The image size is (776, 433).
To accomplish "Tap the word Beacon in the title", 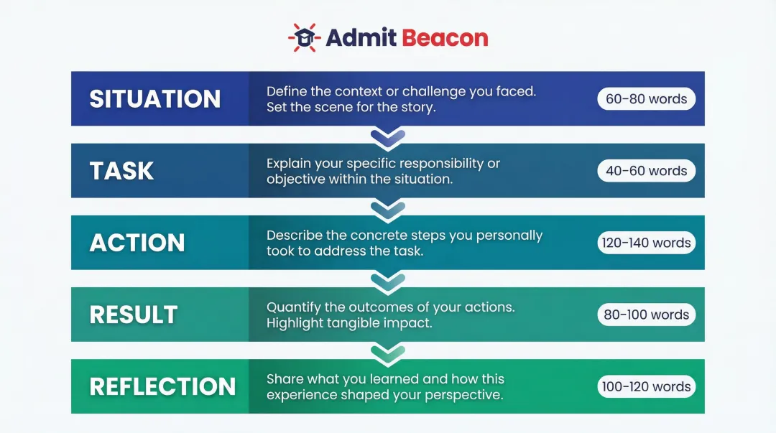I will coord(445,37).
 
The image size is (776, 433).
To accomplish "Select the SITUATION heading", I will coord(154,99).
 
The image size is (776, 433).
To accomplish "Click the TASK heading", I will coord(121,171).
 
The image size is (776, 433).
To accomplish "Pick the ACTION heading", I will coord(137,243).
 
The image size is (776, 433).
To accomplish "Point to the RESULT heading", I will coord(133,315).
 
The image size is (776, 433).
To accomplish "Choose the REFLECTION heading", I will coord(162,386).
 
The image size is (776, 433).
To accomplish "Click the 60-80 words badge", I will coord(646,99).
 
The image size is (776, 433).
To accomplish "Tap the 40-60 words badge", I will coord(646,171).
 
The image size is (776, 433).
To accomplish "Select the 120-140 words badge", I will coord(646,243).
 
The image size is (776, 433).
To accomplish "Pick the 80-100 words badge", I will coord(646,315).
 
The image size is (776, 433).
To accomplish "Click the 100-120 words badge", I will coord(646,386).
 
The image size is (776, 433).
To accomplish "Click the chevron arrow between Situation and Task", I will coord(388,136).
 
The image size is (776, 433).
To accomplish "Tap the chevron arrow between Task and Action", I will coord(388,208).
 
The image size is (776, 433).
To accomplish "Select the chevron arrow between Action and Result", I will coord(388,280).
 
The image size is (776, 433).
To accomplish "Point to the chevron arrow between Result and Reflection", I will coord(388,352).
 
